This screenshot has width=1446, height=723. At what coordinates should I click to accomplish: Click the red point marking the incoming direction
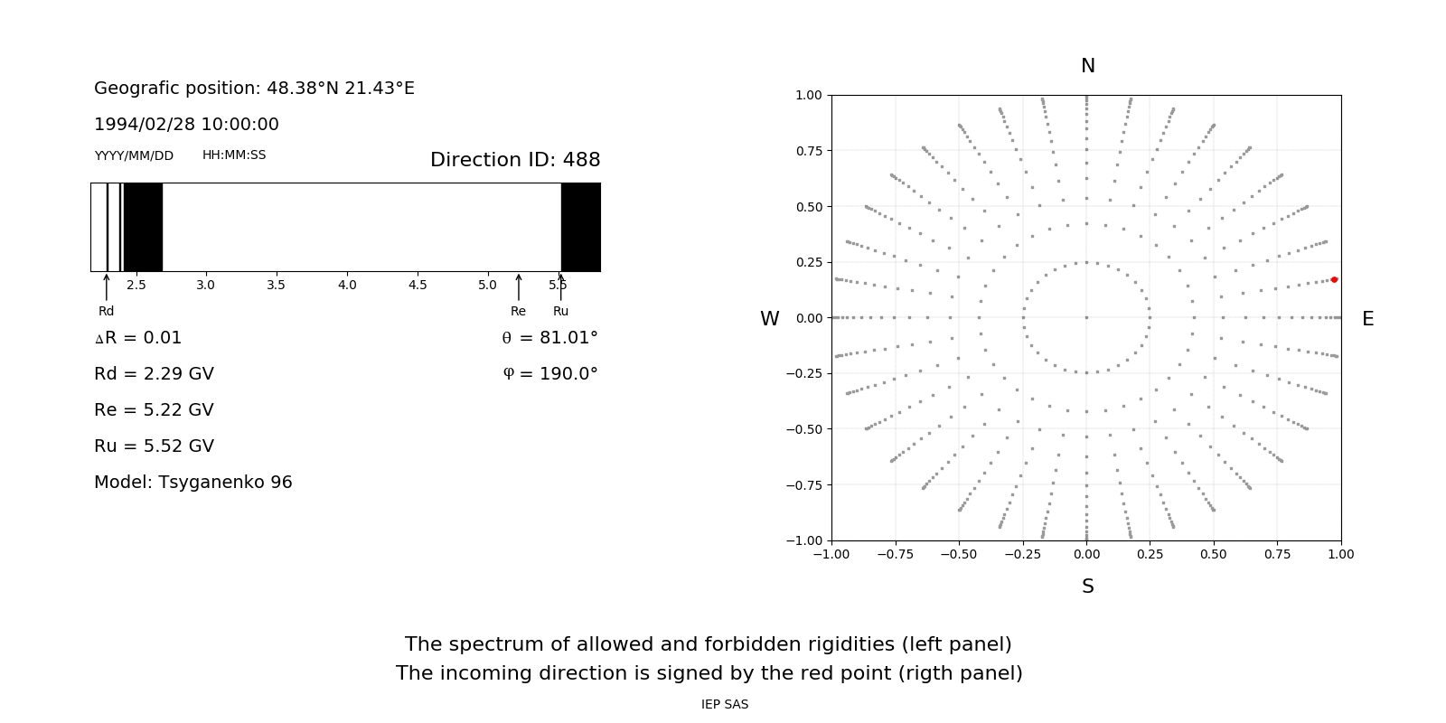tap(1334, 279)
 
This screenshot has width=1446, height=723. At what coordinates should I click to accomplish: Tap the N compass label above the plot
tap(1088, 66)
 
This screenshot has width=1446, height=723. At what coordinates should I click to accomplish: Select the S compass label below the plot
tap(1088, 587)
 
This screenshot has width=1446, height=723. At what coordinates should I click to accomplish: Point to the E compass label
tap(1367, 319)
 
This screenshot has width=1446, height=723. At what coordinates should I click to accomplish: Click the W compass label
tap(769, 319)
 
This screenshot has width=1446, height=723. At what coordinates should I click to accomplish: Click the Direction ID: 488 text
tap(515, 160)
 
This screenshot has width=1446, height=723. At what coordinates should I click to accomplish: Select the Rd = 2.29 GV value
tap(154, 374)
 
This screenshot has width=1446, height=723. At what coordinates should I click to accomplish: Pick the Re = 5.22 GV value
tap(154, 410)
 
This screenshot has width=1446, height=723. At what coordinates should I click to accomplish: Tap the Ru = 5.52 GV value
tap(154, 446)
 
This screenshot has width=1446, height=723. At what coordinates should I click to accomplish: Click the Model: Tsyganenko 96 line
tap(192, 483)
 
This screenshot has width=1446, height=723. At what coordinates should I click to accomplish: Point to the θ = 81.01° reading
tap(549, 338)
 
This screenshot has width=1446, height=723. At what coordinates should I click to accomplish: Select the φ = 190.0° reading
tap(550, 374)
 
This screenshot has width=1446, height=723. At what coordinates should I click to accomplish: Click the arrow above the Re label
tap(518, 286)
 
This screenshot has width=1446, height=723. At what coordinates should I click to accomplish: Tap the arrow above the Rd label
tap(107, 286)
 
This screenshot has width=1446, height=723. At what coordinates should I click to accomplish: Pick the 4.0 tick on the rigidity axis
tap(347, 285)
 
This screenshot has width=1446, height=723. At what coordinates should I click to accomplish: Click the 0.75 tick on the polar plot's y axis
tap(809, 151)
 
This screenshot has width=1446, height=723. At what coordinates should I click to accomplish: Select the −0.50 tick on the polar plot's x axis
tap(959, 554)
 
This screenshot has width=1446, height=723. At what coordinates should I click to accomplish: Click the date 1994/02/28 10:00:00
tap(186, 125)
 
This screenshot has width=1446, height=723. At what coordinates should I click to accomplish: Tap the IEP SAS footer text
tap(725, 705)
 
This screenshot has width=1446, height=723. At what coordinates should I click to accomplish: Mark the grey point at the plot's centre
tap(1086, 317)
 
